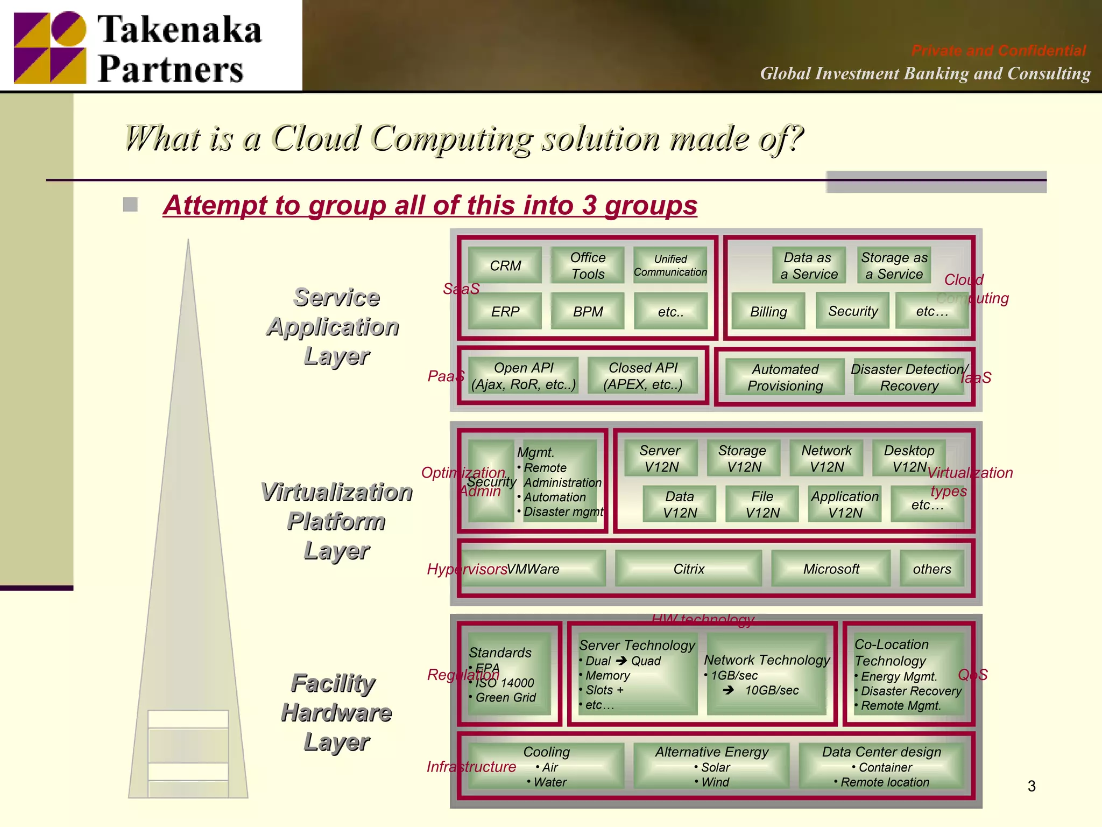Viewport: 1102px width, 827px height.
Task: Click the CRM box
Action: click(x=505, y=265)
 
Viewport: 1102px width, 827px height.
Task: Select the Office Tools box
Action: click(x=588, y=265)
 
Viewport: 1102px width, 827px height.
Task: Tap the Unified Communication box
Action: click(x=670, y=265)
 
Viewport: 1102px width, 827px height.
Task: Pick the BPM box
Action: click(x=588, y=311)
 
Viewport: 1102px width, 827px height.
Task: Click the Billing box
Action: click(x=768, y=311)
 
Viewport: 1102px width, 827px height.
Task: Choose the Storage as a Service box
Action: click(x=894, y=265)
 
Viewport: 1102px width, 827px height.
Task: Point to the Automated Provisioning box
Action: click(x=785, y=377)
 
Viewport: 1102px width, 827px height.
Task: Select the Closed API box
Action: click(x=643, y=376)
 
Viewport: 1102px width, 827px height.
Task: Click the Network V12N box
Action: click(x=826, y=458)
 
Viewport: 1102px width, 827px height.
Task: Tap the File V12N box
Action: click(x=762, y=504)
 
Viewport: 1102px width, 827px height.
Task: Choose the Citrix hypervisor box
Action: click(x=688, y=569)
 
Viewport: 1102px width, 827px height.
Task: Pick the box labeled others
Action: click(x=931, y=569)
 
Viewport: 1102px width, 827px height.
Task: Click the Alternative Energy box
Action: click(x=711, y=766)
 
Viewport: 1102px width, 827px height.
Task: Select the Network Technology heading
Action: click(x=767, y=660)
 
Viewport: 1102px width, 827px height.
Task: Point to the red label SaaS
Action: click(x=461, y=289)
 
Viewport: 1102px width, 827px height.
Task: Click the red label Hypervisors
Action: click(x=467, y=569)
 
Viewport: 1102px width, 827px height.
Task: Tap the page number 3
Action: click(x=1031, y=786)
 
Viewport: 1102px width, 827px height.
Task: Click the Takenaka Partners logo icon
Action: click(x=50, y=47)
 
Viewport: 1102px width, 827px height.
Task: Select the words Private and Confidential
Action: click(x=998, y=51)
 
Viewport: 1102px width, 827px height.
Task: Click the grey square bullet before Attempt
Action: click(x=130, y=205)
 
